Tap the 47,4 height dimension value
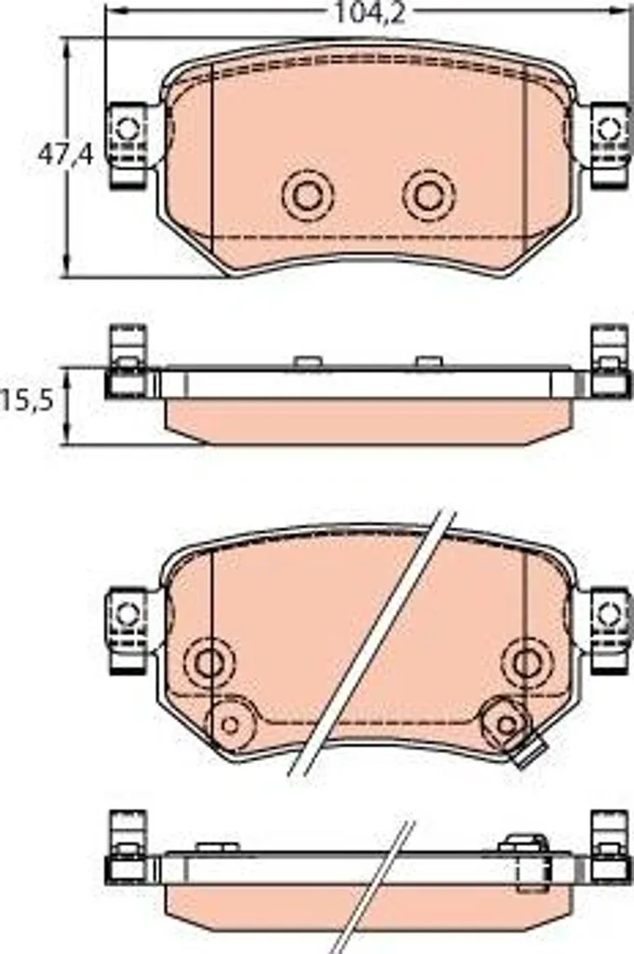(x=66, y=155)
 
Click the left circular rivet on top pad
(x=308, y=196)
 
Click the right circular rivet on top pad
(x=428, y=196)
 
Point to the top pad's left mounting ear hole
(x=128, y=129)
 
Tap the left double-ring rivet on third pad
(x=209, y=662)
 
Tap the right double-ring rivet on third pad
(x=526, y=662)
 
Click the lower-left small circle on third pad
(x=230, y=725)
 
